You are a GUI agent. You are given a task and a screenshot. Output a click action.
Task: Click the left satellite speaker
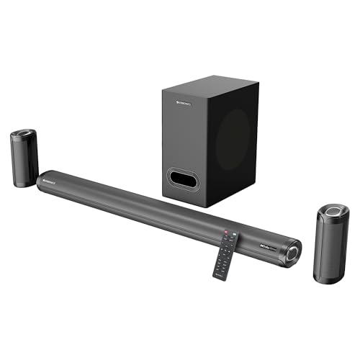[x=23, y=158]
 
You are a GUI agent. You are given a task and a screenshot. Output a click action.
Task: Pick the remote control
[x=228, y=254]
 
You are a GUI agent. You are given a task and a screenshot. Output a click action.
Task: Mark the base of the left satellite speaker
[x=24, y=184]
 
